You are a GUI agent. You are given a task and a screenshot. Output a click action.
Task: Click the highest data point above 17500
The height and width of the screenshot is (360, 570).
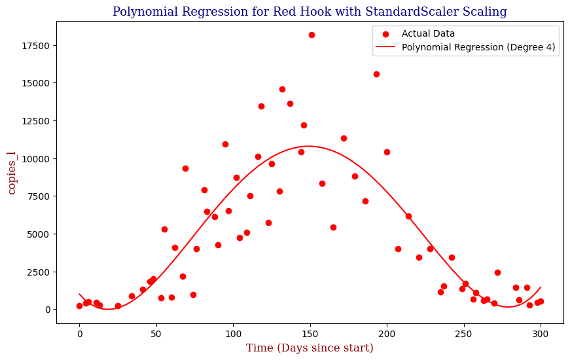tap(312, 35)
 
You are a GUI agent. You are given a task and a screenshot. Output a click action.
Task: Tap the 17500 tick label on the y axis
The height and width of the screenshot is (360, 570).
tap(39, 45)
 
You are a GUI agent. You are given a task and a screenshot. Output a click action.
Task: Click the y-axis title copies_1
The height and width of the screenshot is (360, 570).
tap(12, 172)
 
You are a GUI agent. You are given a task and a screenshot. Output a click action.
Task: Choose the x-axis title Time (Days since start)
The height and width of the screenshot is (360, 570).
tap(310, 348)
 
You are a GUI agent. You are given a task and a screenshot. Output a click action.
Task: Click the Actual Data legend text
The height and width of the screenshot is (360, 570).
tap(428, 33)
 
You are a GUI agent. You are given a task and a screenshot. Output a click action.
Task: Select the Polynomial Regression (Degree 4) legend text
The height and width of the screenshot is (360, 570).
tap(479, 47)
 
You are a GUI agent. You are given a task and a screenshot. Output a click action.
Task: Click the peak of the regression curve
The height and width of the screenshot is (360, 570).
tap(308, 146)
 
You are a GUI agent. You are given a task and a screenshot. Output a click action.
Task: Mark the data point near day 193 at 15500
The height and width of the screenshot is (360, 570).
tap(376, 74)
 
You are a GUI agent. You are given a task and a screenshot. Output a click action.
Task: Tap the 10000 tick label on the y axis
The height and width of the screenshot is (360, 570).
tap(39, 158)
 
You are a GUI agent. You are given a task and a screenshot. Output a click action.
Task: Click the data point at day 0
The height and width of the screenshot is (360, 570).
tap(79, 306)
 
